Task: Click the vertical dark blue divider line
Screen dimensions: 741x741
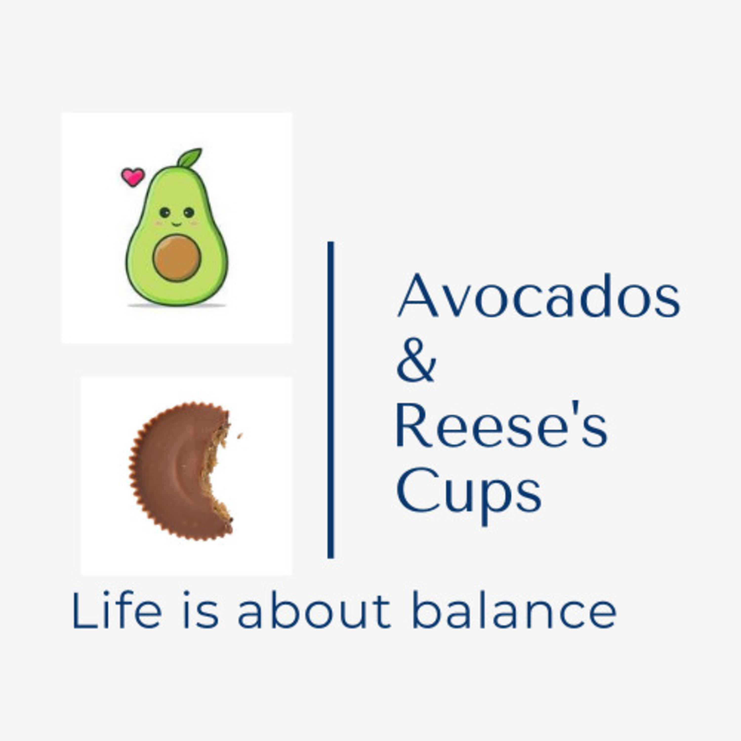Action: click(x=331, y=400)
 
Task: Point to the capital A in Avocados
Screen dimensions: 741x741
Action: click(x=417, y=295)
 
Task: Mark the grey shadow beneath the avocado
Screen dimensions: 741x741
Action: click(x=177, y=305)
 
